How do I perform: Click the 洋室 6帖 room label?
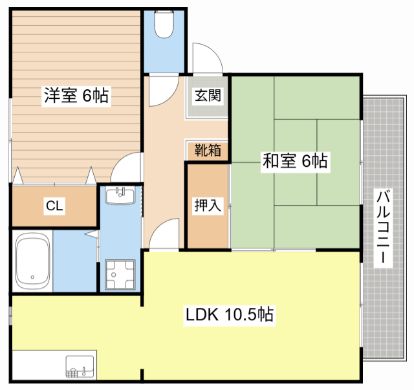76,96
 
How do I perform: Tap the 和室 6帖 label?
295,161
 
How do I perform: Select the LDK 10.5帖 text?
230,314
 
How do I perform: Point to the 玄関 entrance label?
208,95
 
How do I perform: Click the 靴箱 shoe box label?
208,150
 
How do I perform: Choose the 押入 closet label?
208,205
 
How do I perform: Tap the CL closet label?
54,206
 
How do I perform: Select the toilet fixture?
164,25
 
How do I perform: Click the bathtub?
32,261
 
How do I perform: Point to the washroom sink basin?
120,195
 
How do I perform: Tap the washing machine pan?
120,275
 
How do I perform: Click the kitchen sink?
80,366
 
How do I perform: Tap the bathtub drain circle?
32,277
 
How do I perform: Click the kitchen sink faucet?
84,371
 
